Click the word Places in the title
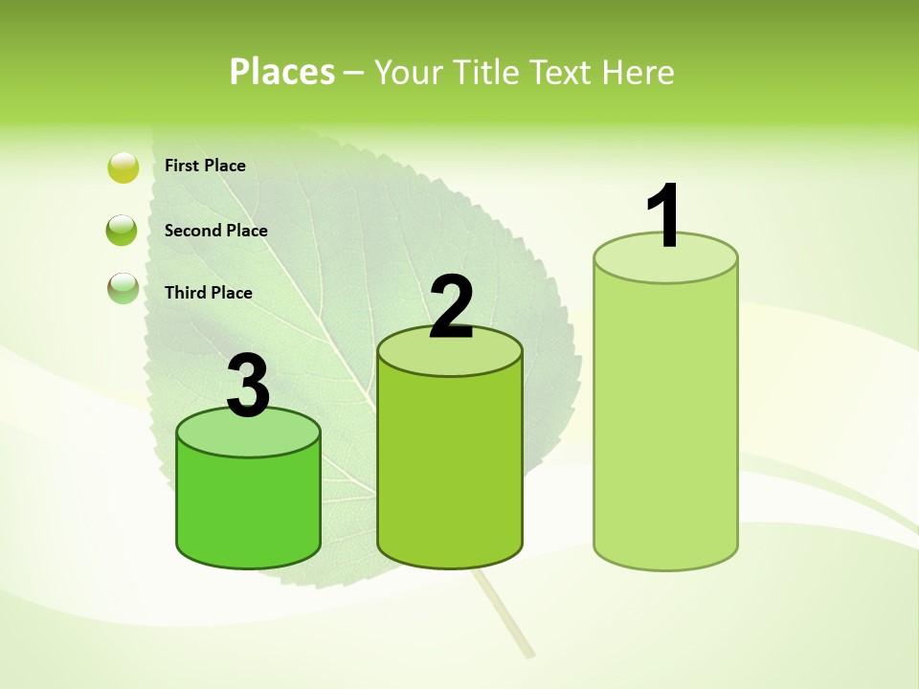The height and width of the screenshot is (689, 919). (x=282, y=72)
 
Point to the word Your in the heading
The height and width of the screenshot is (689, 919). (x=410, y=72)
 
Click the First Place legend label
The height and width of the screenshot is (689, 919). (x=205, y=166)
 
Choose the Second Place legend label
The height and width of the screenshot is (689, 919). (x=215, y=230)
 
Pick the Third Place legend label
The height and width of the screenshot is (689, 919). (x=208, y=293)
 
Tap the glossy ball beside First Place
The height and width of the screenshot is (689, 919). (x=123, y=167)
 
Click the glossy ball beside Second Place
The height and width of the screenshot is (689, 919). (x=123, y=231)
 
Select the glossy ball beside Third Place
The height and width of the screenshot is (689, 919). (x=123, y=288)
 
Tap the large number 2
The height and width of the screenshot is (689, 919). (x=451, y=307)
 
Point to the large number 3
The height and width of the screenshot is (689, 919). (x=248, y=386)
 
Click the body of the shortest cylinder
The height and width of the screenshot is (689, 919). (x=249, y=507)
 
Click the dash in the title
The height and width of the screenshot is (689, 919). (x=353, y=73)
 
